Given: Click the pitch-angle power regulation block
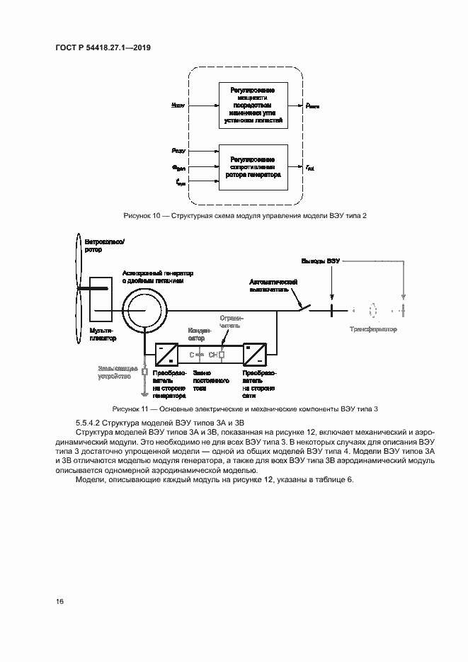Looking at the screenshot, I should coord(253,105).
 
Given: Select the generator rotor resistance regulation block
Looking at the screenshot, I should coord(253,167).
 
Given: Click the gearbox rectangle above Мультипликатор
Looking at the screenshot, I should coord(100,297).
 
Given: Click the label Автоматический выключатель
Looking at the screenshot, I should coord(273,285).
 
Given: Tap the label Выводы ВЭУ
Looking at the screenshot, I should coord(321,261).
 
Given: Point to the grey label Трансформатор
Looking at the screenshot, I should coord(373,329).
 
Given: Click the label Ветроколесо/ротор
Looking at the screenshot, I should coord(104,246).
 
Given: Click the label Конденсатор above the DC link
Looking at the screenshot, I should coord(197,333).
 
